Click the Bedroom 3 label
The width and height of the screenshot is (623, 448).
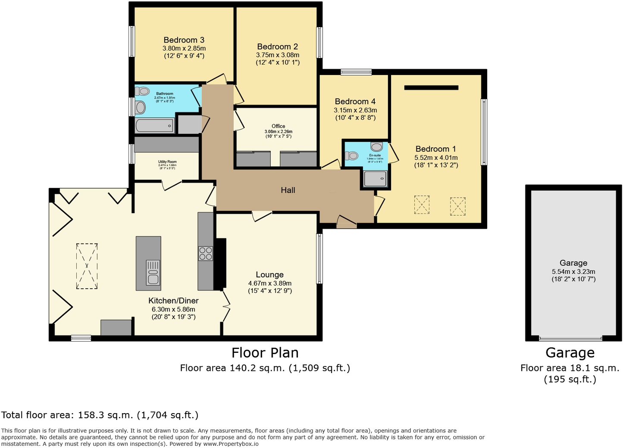pos(184,40)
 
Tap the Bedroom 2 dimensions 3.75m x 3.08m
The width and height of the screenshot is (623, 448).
pos(277,55)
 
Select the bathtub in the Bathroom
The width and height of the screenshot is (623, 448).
pos(154,126)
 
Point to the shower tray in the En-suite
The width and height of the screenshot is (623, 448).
pos(375,179)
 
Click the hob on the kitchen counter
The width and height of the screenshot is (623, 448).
pos(205,253)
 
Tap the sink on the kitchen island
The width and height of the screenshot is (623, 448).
pos(153,273)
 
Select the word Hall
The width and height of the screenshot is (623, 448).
pos(288,190)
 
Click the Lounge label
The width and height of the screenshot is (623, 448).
pos(269,275)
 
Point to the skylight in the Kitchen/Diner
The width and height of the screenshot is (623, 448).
pos(87,266)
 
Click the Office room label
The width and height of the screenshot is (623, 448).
pos(278,126)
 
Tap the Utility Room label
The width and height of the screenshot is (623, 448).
pos(167,162)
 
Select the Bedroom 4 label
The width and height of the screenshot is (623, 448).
pos(355,102)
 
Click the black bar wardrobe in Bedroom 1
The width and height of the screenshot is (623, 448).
pos(431,88)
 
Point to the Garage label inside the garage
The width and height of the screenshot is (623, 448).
pos(573,263)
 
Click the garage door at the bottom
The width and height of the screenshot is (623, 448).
pos(570,339)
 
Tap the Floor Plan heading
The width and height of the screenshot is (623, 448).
pos(265,353)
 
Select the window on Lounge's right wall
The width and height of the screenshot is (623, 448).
pos(319,258)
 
